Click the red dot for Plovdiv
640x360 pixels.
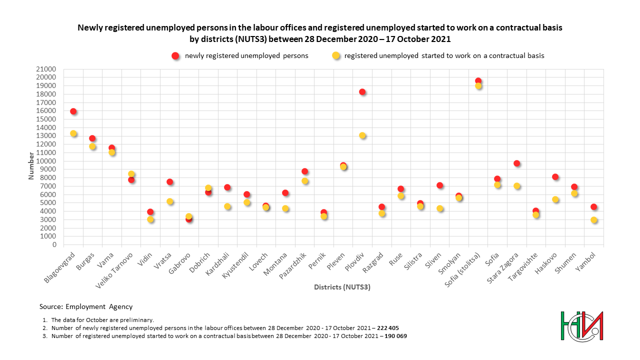pyautogui.click(x=362, y=92)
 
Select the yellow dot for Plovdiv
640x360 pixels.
pyautogui.click(x=362, y=135)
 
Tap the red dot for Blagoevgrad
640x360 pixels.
pyautogui.click(x=73, y=111)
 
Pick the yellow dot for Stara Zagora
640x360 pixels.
pyautogui.click(x=516, y=186)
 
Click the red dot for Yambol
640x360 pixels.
pyautogui.click(x=593, y=207)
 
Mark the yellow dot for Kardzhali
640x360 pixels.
pyautogui.click(x=227, y=206)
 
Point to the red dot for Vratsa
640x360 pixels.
pyautogui.click(x=169, y=182)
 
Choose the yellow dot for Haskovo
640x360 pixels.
pyautogui.click(x=555, y=199)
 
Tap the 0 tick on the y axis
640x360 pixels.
pyautogui.click(x=54, y=245)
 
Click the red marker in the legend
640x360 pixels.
pyautogui.click(x=175, y=56)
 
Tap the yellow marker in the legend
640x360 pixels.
pyautogui.click(x=336, y=56)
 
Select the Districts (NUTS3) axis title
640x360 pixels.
pyautogui.click(x=342, y=287)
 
